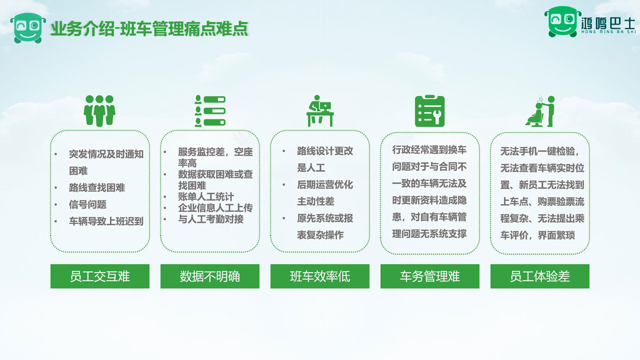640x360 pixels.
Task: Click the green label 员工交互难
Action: click(x=100, y=276)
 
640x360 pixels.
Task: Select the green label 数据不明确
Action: click(x=210, y=276)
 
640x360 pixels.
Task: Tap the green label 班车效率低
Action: click(x=319, y=276)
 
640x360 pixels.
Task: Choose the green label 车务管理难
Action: click(x=430, y=276)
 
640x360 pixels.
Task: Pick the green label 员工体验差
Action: click(x=540, y=276)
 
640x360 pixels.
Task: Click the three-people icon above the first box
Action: click(x=100, y=110)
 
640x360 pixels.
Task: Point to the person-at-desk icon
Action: click(x=319, y=110)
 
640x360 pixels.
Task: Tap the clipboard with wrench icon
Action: click(x=430, y=111)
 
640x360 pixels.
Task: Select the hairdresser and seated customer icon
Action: click(x=540, y=110)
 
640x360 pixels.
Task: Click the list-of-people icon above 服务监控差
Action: click(x=210, y=110)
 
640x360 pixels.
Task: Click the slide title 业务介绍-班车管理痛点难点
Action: click(x=149, y=28)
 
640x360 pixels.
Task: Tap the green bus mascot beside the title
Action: click(x=28, y=27)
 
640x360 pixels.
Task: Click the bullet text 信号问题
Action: click(x=87, y=204)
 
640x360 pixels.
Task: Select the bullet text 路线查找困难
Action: click(x=97, y=188)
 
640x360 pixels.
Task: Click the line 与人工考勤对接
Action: click(x=211, y=219)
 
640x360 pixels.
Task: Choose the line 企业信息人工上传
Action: click(x=215, y=208)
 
